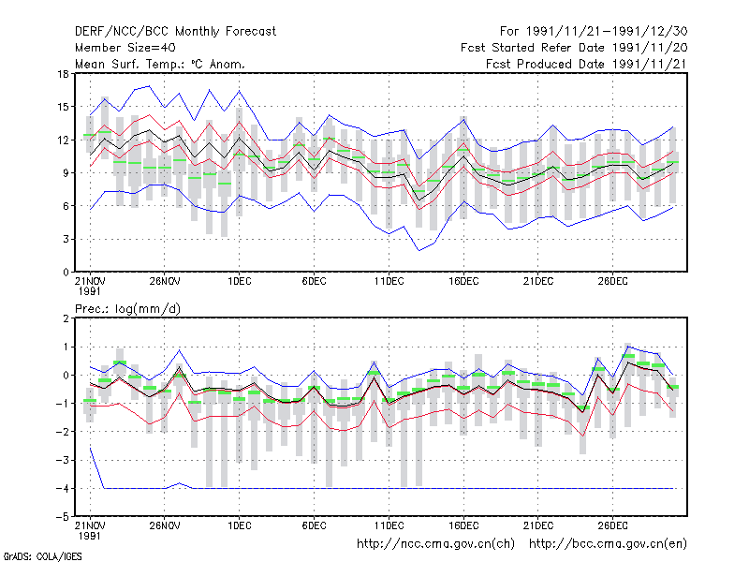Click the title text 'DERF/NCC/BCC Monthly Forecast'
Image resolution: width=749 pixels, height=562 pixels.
(x=175, y=32)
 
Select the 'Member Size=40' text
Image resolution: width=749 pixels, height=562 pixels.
(x=125, y=48)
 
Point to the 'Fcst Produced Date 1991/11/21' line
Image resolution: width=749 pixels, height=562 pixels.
(x=587, y=64)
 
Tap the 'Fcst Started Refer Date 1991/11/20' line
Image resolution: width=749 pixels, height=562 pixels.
(x=574, y=48)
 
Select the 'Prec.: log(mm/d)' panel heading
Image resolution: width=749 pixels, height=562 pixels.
(x=127, y=309)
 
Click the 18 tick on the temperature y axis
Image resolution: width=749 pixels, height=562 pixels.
(x=63, y=74)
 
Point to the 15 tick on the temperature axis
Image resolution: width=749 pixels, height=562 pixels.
(x=63, y=107)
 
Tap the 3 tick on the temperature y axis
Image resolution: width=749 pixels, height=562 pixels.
(x=66, y=239)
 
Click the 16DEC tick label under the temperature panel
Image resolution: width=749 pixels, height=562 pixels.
(x=463, y=282)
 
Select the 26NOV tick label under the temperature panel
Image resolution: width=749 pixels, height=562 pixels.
(x=165, y=282)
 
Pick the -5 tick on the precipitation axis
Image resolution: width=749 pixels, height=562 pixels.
(x=62, y=517)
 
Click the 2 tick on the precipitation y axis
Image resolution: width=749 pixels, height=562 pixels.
(x=66, y=318)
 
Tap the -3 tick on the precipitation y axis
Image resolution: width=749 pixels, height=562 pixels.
(x=62, y=460)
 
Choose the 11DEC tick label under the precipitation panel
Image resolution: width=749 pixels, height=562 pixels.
(x=389, y=525)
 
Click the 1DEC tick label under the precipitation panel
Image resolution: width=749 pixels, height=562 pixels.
(x=240, y=525)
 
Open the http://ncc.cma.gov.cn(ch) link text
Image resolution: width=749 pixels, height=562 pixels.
(x=435, y=544)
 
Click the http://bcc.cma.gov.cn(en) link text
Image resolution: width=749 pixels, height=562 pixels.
(x=608, y=544)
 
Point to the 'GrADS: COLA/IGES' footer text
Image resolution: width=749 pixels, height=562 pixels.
(x=42, y=556)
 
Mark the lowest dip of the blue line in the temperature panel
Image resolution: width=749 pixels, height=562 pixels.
(x=419, y=250)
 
